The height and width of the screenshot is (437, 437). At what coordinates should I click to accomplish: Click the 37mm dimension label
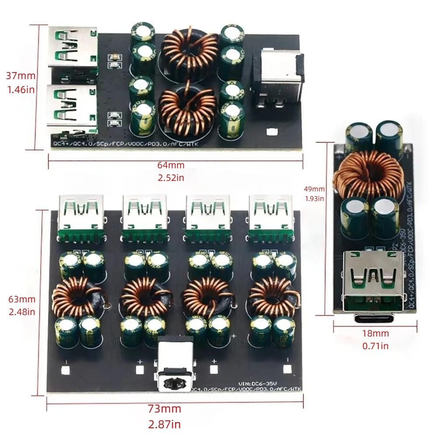click(x=21, y=76)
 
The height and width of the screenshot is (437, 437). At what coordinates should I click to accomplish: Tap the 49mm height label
click(x=315, y=189)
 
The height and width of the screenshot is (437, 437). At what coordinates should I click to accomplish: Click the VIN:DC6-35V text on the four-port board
click(x=255, y=383)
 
